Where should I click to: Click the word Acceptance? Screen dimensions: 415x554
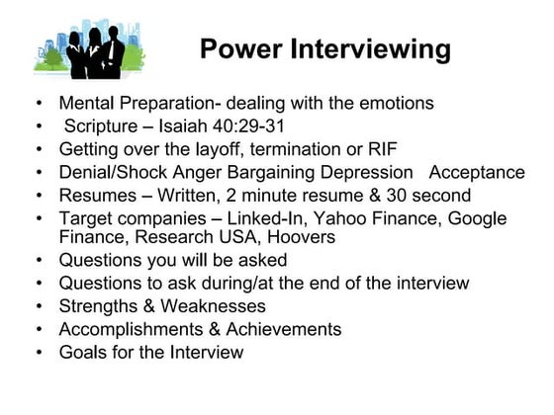point(477,173)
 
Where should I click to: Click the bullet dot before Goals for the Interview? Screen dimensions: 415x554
point(38,353)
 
